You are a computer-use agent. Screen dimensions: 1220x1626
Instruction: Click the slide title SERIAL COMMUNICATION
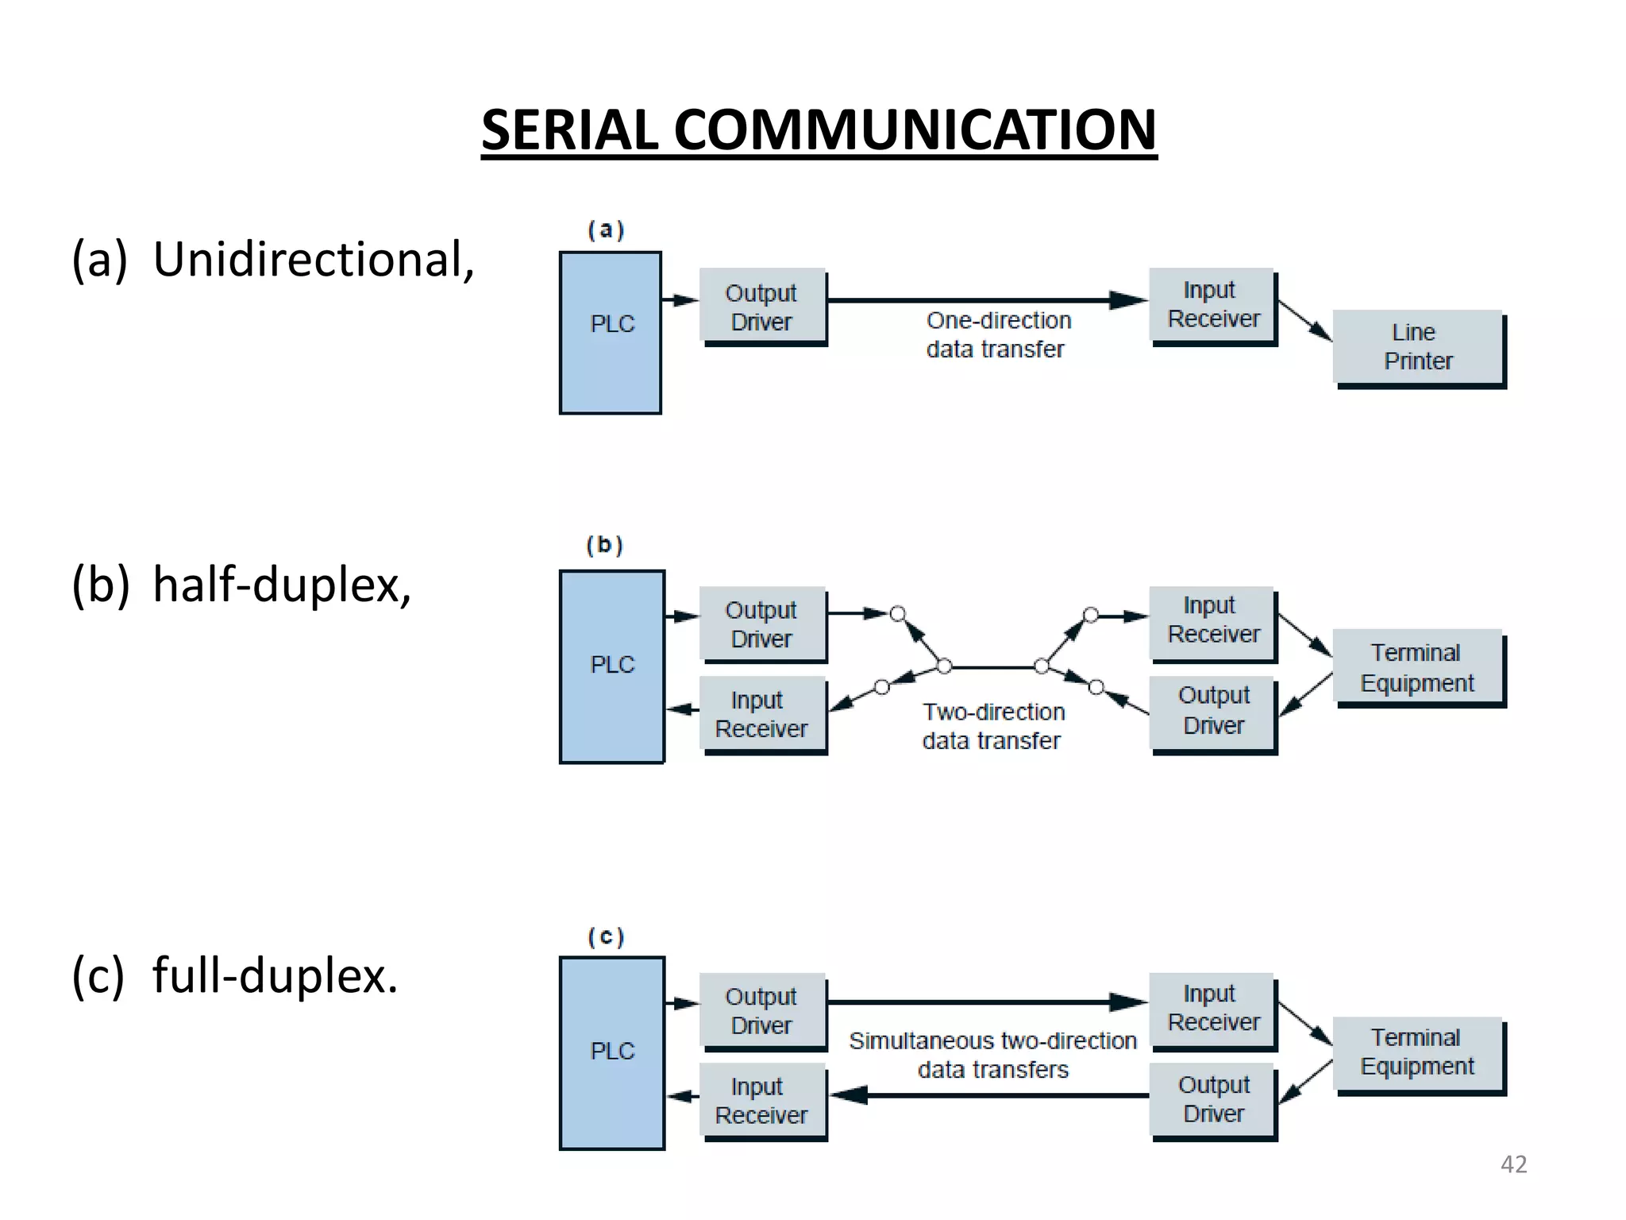click(819, 129)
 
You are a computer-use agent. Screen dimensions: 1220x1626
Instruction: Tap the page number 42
click(1513, 1164)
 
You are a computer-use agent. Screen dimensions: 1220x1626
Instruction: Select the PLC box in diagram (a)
click(611, 332)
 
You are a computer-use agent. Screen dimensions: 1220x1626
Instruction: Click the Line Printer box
click(1418, 346)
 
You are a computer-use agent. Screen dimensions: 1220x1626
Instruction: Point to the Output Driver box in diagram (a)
click(762, 307)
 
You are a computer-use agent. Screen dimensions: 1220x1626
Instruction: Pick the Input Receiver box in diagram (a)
click(1212, 304)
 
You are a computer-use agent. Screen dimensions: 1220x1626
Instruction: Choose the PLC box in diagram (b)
click(611, 666)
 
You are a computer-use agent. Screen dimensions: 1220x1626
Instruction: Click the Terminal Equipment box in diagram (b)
click(1418, 667)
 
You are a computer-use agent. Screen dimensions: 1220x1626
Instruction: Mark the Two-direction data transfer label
click(992, 726)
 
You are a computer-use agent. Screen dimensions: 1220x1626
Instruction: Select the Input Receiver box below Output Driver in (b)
click(761, 713)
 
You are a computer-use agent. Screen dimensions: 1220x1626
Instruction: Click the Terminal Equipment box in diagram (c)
click(1418, 1052)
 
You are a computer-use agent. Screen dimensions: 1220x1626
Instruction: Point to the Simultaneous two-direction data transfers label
click(992, 1054)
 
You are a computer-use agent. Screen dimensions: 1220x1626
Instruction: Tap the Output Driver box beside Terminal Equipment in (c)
click(1212, 1099)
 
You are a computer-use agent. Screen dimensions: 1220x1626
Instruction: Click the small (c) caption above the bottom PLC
click(606, 936)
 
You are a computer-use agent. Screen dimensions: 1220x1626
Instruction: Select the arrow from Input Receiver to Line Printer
click(1304, 321)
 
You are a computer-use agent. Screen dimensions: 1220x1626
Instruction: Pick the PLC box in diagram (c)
click(611, 1052)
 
